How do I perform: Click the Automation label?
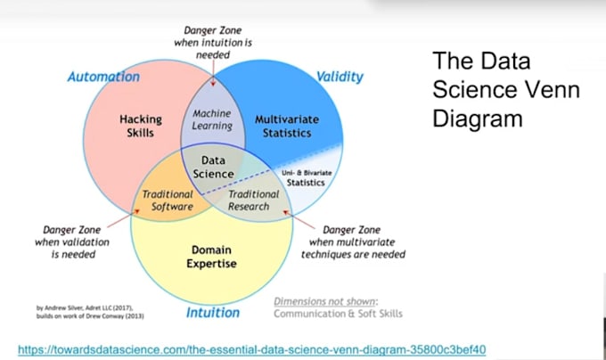[x=103, y=77]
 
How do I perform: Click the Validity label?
[x=340, y=77]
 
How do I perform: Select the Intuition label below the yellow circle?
[x=213, y=313]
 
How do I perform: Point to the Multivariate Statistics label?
[x=283, y=126]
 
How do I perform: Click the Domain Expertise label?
[x=214, y=256]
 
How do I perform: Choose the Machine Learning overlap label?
[x=212, y=119]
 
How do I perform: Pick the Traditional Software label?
[x=168, y=200]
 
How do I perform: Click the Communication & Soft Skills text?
[x=338, y=314]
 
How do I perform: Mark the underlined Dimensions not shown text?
[x=325, y=301]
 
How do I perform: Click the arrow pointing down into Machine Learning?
[x=212, y=71]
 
